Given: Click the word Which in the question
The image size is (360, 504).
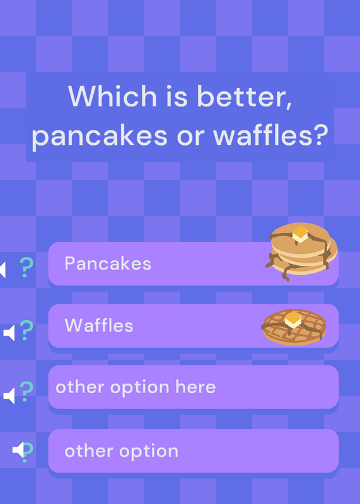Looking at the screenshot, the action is (112, 96).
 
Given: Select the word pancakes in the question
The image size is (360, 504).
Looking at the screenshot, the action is (100, 135).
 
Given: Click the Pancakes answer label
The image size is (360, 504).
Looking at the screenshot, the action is (108, 263).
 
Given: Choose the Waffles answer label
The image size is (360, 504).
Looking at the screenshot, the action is (99, 325).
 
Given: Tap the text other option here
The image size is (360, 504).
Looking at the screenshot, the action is (136, 387).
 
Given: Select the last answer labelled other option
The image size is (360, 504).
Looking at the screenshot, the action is (121, 451).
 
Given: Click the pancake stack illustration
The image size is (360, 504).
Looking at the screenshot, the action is (301, 251).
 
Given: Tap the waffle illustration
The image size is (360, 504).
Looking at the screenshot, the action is (293, 327).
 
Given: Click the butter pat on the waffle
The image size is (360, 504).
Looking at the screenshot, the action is (293, 319).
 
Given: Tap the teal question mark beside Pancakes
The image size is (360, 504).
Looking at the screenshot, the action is (26, 267).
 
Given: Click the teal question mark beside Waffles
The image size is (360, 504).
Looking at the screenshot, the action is (26, 330).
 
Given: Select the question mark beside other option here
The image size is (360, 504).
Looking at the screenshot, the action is (26, 391).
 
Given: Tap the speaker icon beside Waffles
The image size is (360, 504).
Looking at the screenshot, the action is (9, 333).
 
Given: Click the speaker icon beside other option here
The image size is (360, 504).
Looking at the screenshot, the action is (9, 396).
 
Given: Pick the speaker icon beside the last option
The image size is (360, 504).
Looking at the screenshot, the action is (18, 450).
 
